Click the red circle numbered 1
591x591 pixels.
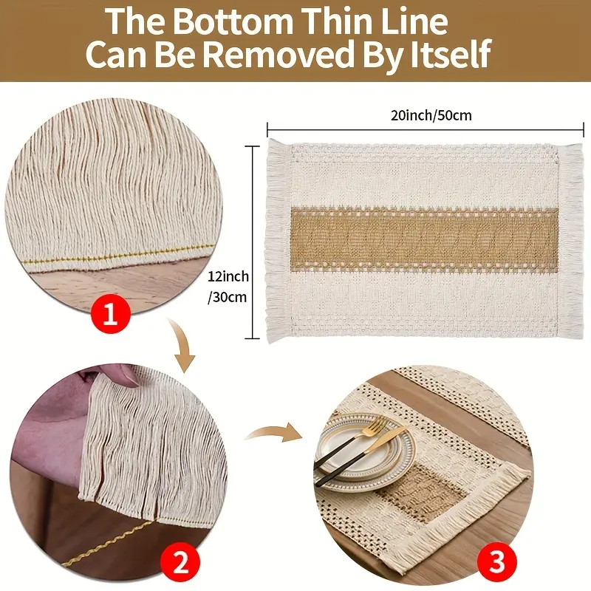coord(110,315)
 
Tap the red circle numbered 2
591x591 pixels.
coord(180,564)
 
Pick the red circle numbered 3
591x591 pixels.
coord(496,561)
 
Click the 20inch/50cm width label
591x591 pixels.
coord(431,115)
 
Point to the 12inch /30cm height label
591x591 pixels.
coord(228,287)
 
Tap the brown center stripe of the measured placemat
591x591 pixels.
coord(424,239)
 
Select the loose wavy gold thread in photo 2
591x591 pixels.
coord(109,543)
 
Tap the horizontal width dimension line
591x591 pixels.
coord(426,131)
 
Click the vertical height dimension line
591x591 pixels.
coord(253,242)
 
